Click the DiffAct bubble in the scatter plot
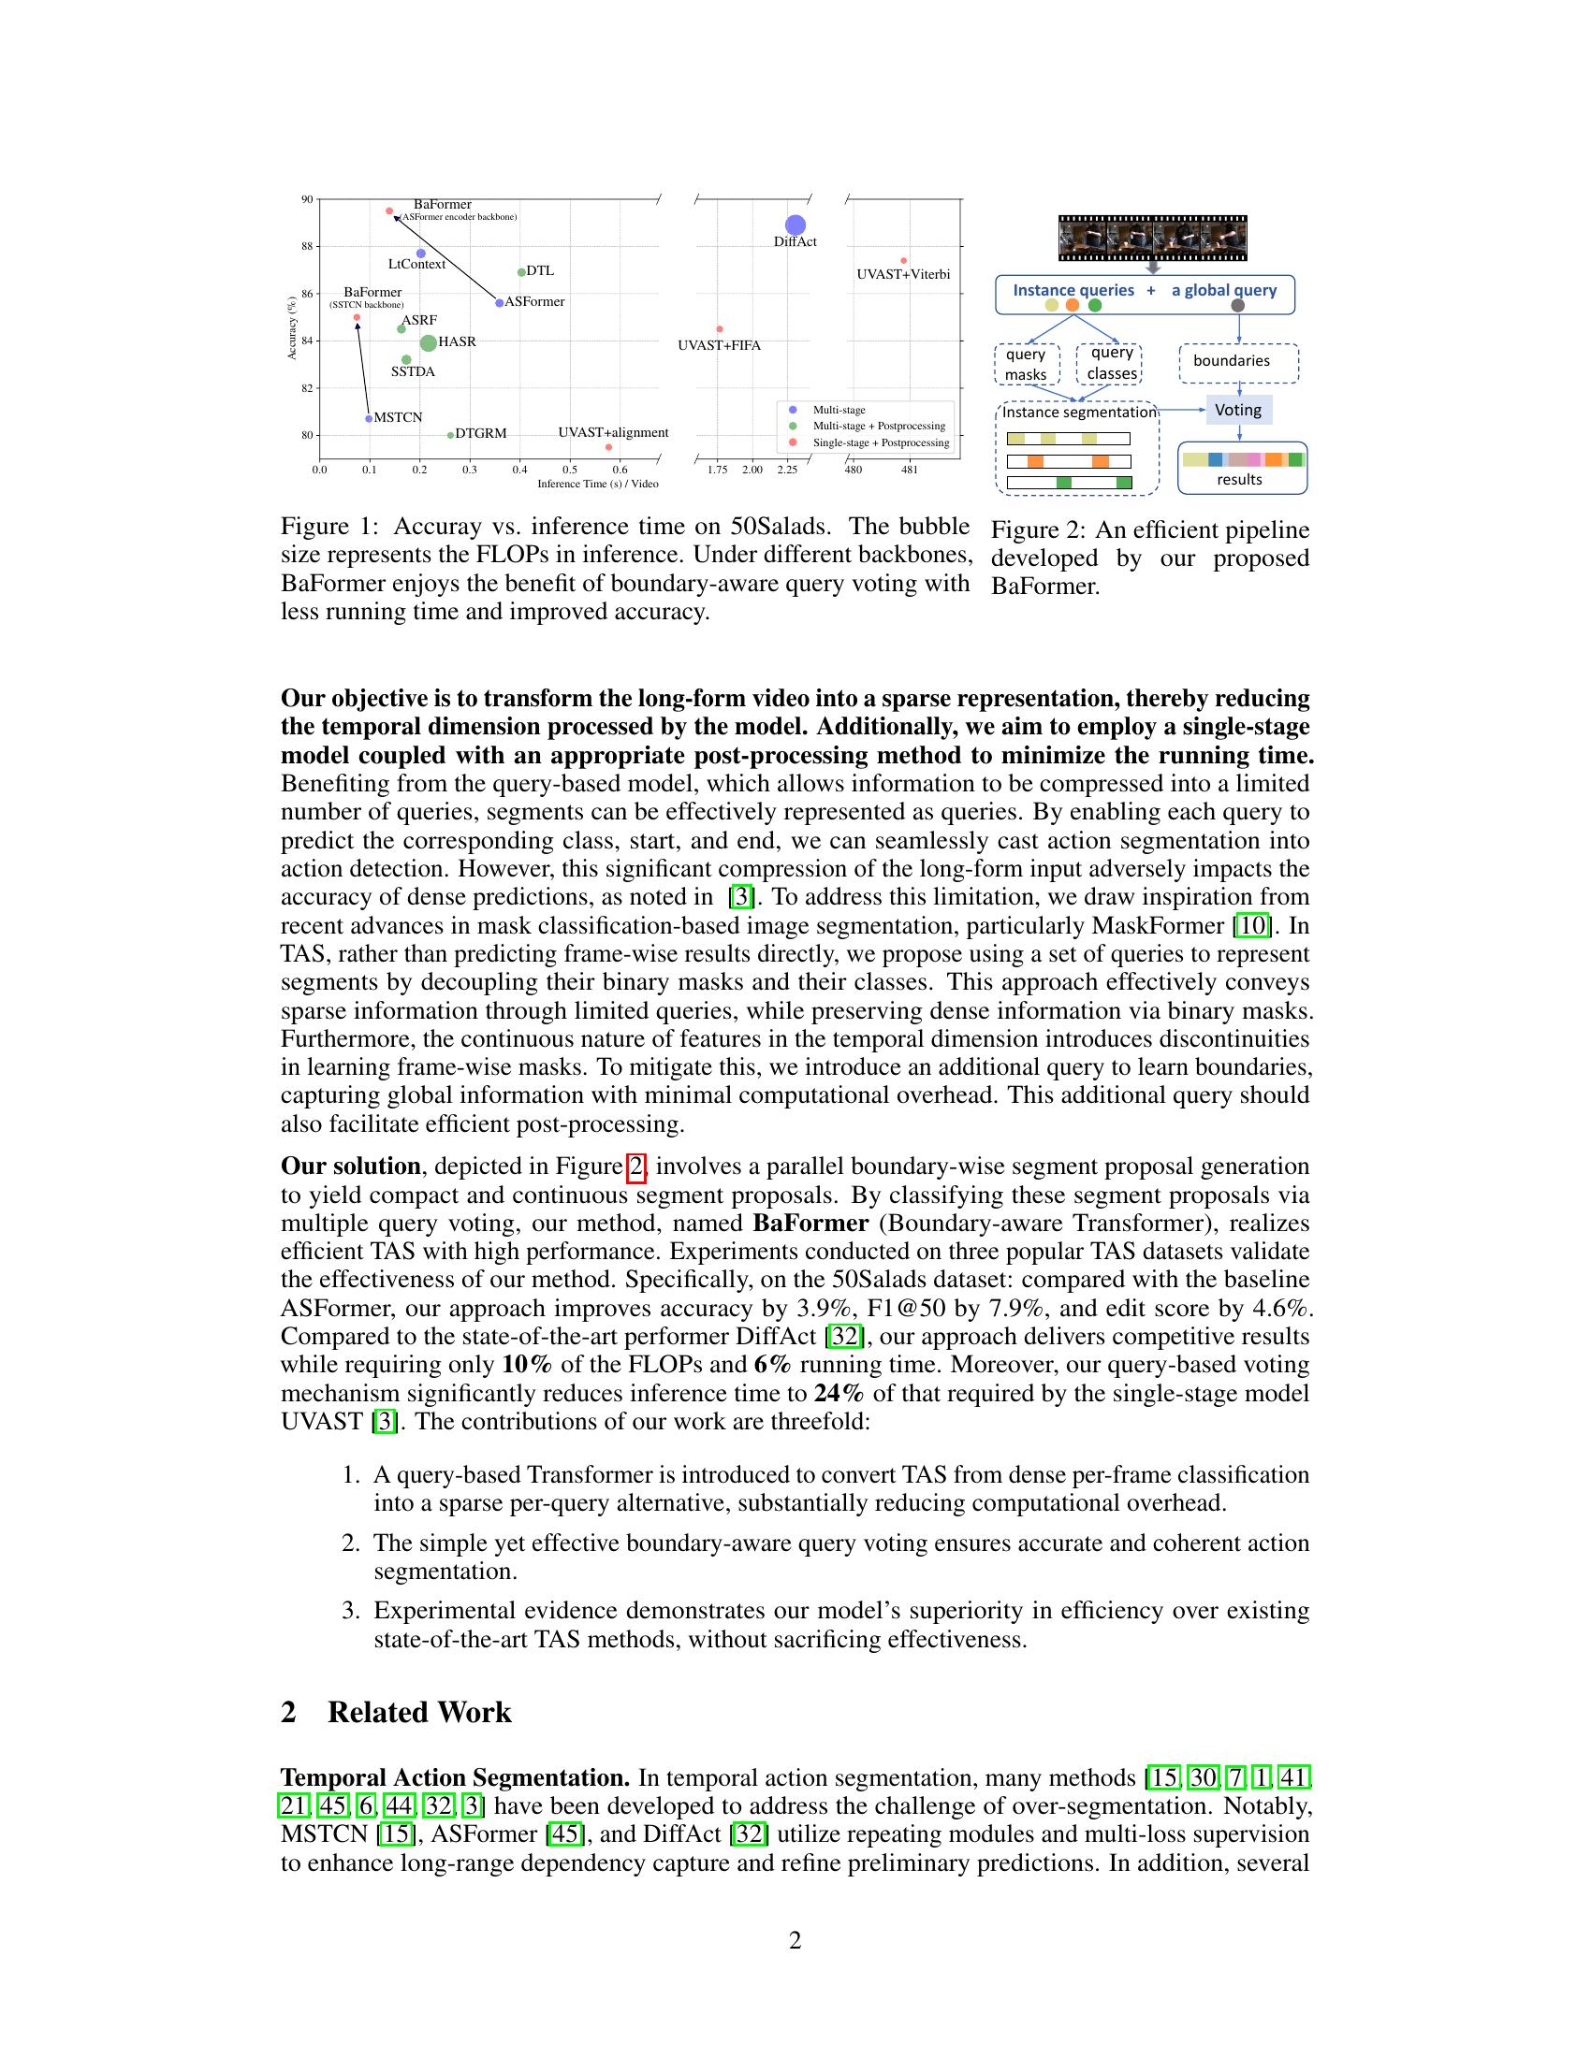click(795, 225)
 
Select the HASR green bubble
click(428, 343)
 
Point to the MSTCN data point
click(369, 418)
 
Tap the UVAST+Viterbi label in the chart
click(903, 274)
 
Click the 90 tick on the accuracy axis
click(307, 199)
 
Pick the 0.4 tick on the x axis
click(519, 470)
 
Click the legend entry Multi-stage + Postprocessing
click(879, 426)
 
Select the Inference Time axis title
click(598, 484)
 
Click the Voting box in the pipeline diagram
click(1238, 410)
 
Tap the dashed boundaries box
click(1238, 362)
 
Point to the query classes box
click(1110, 363)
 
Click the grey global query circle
click(1237, 305)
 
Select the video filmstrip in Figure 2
click(1152, 237)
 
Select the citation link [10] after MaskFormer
click(1252, 925)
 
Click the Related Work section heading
click(418, 1712)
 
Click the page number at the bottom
click(795, 1940)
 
